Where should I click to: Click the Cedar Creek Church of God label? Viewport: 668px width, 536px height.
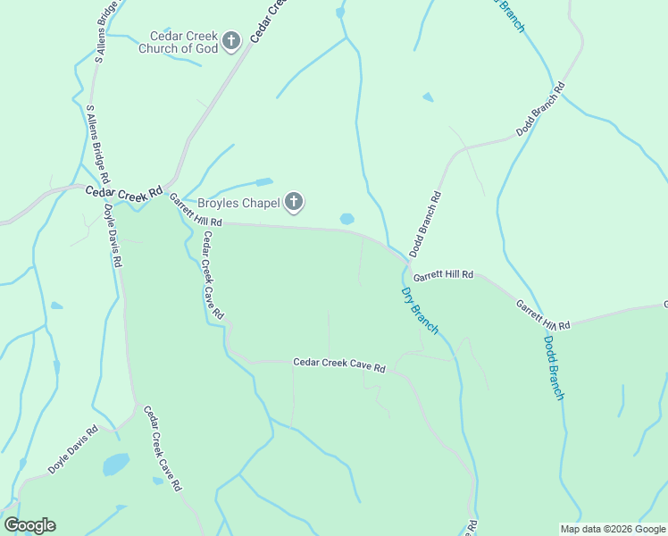tap(179, 42)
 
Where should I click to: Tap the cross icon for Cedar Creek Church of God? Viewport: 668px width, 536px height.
tap(231, 40)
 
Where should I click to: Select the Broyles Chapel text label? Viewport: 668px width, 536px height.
tap(238, 203)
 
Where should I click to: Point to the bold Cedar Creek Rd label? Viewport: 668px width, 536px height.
tap(124, 191)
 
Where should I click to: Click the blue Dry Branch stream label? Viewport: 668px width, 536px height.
tap(419, 311)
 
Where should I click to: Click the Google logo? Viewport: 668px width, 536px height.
tap(29, 525)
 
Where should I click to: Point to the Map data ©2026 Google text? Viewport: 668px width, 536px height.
tap(612, 529)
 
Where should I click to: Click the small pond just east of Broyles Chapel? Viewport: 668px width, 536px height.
tap(347, 219)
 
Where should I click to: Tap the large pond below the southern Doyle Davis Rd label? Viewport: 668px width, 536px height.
tap(115, 465)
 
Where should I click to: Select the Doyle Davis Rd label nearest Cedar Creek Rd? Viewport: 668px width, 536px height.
tap(111, 237)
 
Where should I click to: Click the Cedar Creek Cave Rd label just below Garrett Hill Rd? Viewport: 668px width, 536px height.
tap(213, 275)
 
